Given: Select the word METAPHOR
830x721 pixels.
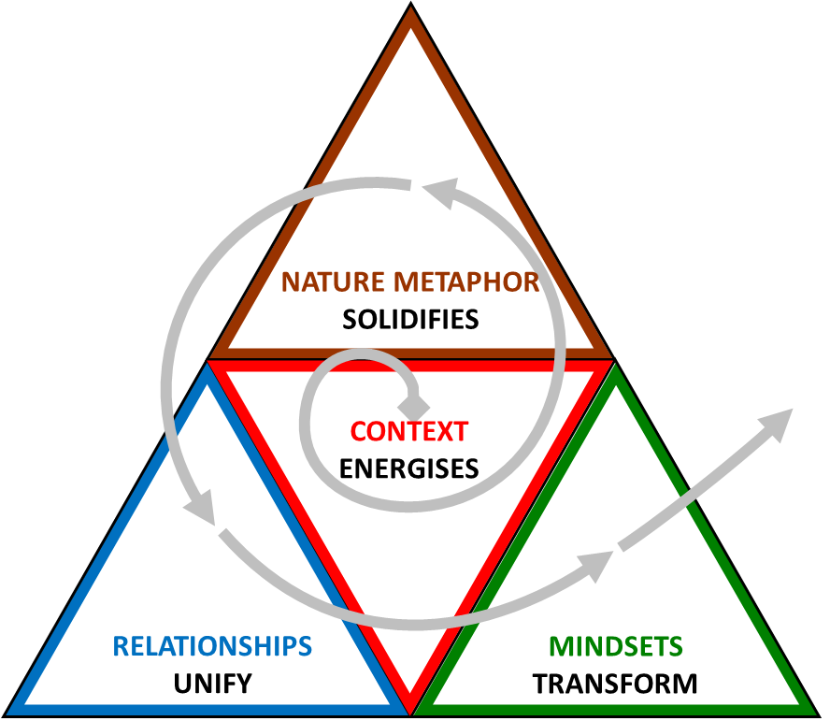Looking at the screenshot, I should coord(466,281).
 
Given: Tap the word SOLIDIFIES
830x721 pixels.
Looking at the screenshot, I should coord(410,319).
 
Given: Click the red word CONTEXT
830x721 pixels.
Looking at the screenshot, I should coord(408,432).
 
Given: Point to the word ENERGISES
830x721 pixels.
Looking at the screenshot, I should coord(408,468).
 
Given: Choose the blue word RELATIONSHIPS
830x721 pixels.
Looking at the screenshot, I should coord(212,645).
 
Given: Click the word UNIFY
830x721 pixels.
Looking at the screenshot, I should coord(212,683).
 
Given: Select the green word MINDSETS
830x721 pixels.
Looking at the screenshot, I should coord(615,645).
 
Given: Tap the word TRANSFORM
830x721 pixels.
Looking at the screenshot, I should coord(615,683).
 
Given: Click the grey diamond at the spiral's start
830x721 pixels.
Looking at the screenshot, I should coord(414,407).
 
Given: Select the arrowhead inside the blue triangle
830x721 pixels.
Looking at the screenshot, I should coord(199,513).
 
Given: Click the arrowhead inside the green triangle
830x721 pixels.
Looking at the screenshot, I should coord(597,562).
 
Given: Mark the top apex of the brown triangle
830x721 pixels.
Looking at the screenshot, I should coord(410,13).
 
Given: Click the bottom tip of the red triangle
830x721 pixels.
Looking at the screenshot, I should coord(410,703).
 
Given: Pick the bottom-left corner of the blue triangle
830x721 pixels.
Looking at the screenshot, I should coord(13,708).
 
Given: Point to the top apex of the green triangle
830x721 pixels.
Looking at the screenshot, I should coord(614,368).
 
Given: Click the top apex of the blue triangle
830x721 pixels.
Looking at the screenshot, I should coord(206,368).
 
